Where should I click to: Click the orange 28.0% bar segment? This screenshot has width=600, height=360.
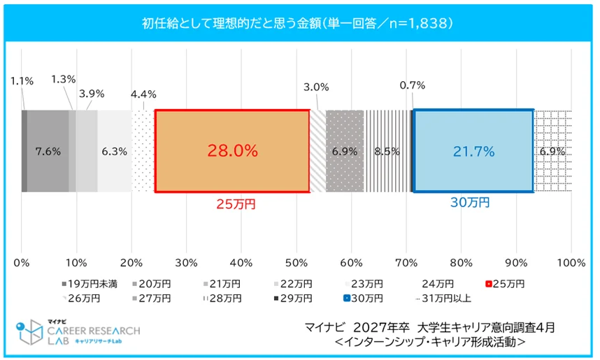tap(231, 150)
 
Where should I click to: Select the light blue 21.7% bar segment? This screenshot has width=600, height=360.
tap(473, 150)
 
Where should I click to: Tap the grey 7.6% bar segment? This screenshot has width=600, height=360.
tap(48, 150)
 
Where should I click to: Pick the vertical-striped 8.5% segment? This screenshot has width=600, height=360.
tap(387, 150)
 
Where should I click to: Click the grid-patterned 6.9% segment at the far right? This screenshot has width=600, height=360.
tap(553, 150)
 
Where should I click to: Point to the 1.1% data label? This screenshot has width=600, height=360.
tap(22, 80)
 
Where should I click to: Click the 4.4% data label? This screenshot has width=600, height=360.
tap(143, 94)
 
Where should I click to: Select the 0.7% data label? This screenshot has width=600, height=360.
tap(413, 85)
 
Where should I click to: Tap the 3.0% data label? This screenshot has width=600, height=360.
tap(316, 87)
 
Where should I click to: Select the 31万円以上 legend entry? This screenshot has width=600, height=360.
tap(448, 298)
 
